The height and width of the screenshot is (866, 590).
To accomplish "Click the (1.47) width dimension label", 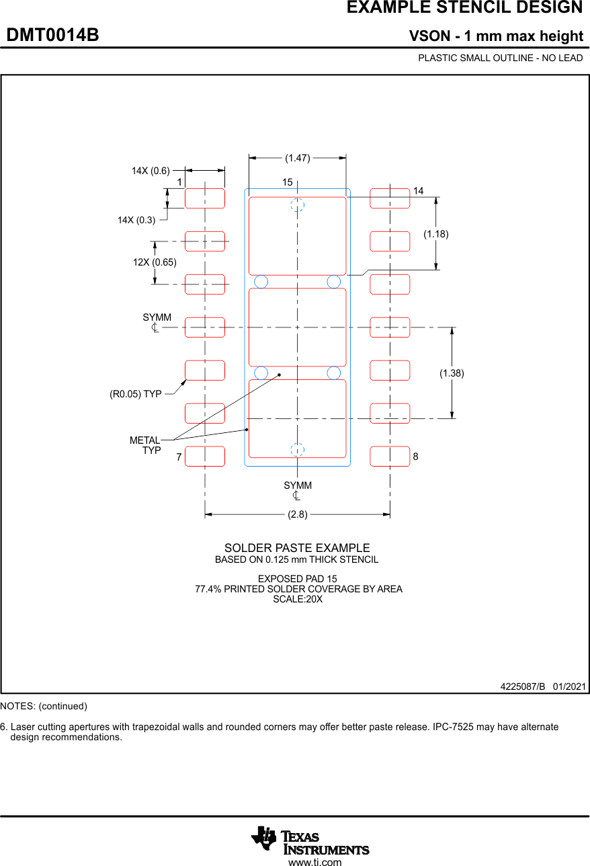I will pos(297,158).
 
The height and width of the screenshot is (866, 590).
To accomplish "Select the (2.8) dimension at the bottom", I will pos(297,514).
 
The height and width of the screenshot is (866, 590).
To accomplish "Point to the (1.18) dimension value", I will pos(435,234).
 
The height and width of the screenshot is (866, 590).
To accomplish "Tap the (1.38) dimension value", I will pos(452,372).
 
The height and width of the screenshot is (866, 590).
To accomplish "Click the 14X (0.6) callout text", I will pos(151,171).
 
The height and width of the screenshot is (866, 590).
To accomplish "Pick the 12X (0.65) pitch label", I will pos(155,262).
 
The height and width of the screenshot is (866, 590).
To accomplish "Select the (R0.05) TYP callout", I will pos(136,394).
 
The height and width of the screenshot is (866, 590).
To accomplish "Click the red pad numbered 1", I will pos(205,198).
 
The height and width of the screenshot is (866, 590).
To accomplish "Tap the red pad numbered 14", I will pos(390,198).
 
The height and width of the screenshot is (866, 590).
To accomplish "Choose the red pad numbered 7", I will pos(205,456).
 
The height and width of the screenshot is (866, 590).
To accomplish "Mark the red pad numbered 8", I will pos(390,456).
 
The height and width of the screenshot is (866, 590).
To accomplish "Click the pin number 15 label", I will pos(287,182).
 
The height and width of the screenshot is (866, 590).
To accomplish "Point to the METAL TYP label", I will pos(146,445).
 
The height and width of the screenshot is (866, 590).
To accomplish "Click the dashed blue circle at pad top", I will pos(298,205).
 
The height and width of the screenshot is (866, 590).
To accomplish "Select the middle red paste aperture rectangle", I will pos(298,327).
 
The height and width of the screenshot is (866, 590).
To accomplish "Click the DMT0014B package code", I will pos(52,36).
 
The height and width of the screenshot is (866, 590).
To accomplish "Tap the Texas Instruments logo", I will pos(310,840).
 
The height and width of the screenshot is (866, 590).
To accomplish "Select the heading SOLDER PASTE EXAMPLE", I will pos(297,548).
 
